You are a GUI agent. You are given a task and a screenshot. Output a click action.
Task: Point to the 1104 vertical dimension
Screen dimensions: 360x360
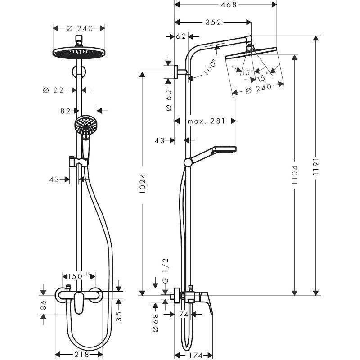point(295,173)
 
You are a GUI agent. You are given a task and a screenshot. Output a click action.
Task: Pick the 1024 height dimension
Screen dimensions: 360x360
point(142,184)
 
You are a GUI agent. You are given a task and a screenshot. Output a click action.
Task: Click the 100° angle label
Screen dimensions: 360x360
point(209,67)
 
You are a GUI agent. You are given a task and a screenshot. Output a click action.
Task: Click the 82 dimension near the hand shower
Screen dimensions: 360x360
point(66,110)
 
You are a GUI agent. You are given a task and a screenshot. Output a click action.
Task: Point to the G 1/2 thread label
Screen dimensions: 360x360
point(166,271)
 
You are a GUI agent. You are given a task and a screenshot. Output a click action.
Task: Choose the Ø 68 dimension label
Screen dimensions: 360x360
point(155,323)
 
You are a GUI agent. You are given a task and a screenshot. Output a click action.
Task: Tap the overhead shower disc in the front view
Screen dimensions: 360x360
point(80,51)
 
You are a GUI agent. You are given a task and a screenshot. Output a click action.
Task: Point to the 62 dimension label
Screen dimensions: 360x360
point(181,36)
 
